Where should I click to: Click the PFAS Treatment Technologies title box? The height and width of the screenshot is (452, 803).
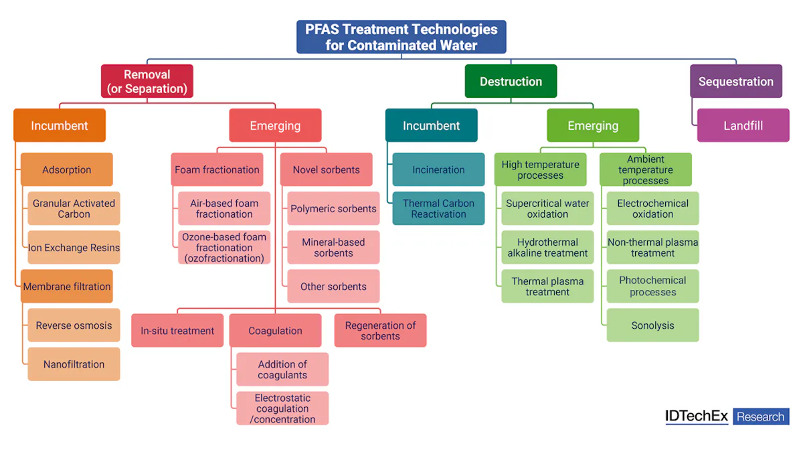click(x=401, y=37)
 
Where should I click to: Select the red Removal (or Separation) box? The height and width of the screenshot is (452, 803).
click(x=147, y=82)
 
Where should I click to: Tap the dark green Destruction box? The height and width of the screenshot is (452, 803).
click(x=511, y=82)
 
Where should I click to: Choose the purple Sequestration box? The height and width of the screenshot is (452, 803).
click(x=735, y=82)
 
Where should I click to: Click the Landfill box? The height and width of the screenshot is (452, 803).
click(x=743, y=126)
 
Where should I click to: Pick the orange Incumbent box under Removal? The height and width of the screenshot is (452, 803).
click(x=60, y=126)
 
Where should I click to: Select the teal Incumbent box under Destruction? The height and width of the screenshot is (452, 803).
click(x=431, y=126)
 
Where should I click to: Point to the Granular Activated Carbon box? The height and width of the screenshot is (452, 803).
click(x=74, y=209)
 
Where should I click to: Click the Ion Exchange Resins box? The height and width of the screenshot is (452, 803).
click(x=74, y=248)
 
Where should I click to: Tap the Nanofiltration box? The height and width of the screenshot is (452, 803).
click(x=74, y=364)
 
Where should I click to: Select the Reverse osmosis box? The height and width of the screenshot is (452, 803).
click(x=74, y=325)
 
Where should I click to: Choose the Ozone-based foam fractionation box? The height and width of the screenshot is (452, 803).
click(x=224, y=248)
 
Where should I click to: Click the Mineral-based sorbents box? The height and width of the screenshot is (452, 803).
click(x=333, y=248)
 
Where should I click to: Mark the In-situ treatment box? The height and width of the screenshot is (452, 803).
click(x=177, y=331)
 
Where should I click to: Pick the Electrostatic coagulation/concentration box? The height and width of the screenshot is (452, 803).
click(x=282, y=408)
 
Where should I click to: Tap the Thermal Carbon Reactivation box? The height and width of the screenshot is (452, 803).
click(x=438, y=209)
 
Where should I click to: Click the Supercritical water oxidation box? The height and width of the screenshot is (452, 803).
click(x=547, y=209)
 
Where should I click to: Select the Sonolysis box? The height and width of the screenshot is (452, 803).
click(x=652, y=325)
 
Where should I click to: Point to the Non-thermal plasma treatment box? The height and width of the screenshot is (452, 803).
click(x=652, y=248)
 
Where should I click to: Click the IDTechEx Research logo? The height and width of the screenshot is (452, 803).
click(x=727, y=417)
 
